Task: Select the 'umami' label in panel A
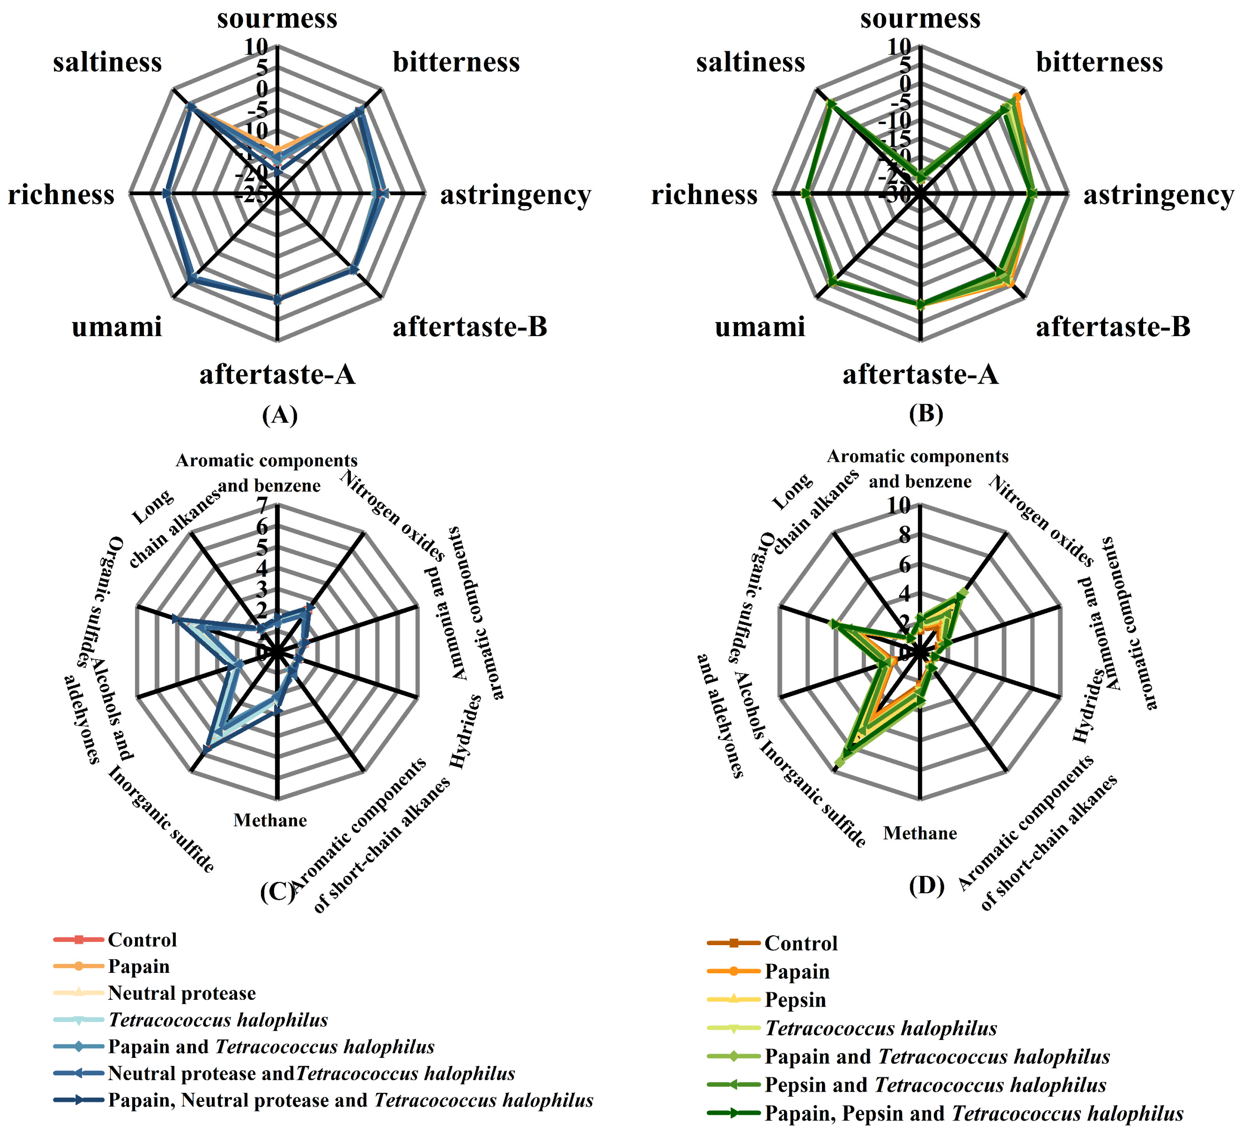point(117,327)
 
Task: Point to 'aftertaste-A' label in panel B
point(920,375)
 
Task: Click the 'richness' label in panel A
point(61,195)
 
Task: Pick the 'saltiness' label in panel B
point(750,62)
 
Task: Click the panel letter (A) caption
point(279,414)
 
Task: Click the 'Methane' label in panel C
point(270,821)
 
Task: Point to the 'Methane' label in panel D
point(919,833)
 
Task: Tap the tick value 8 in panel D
point(904,535)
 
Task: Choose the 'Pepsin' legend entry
point(795,1000)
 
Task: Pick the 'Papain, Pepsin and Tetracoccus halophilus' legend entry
point(974,1113)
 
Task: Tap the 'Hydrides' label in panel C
point(466,731)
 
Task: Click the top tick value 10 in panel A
point(256,47)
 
